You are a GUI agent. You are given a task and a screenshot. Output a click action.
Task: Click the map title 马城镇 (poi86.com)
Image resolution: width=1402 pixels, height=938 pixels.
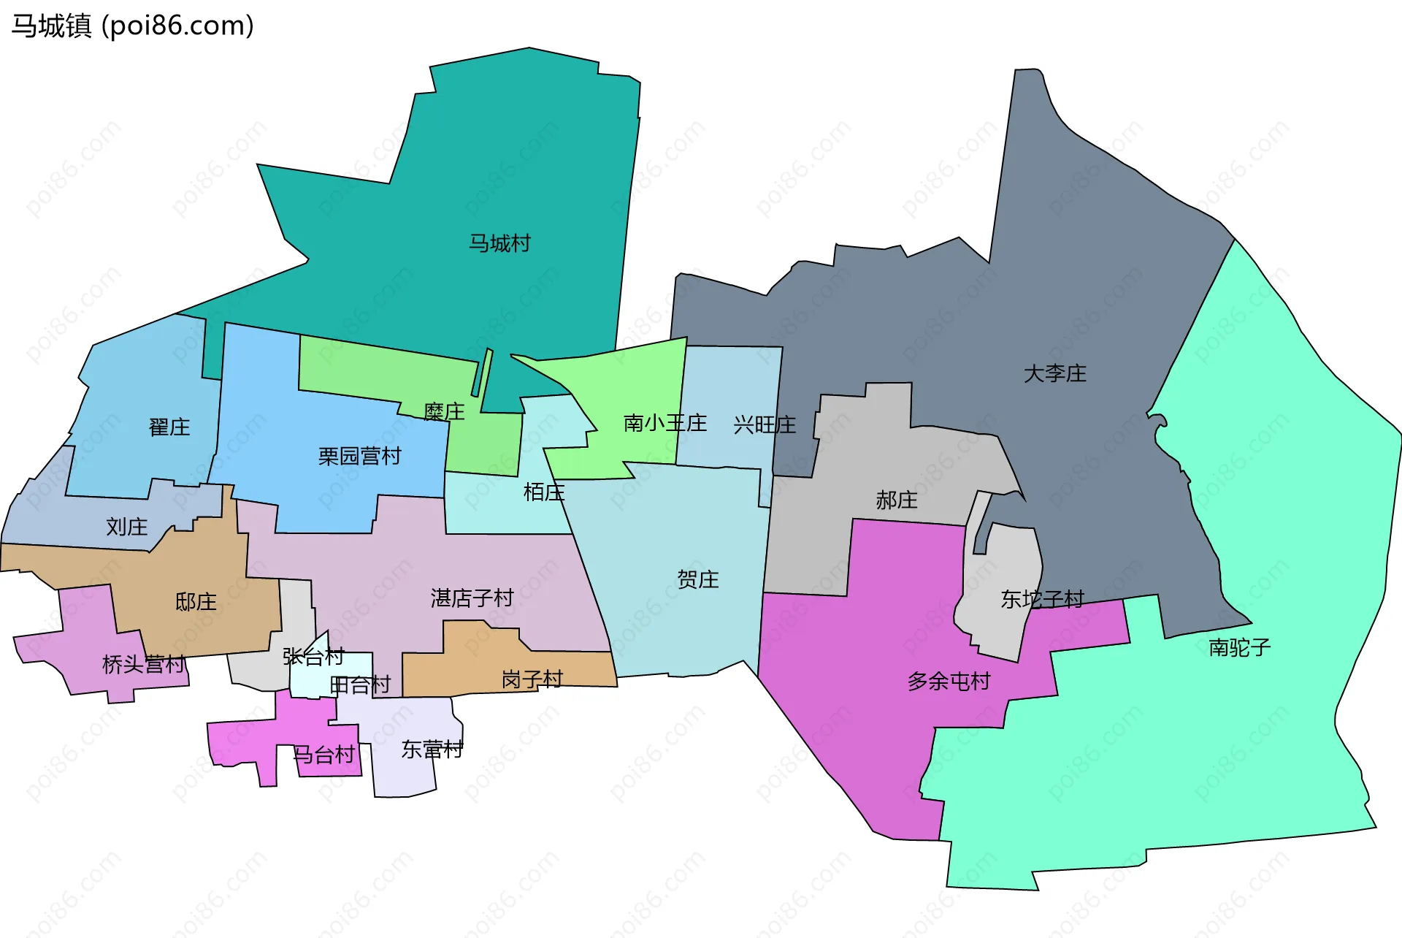point(132,26)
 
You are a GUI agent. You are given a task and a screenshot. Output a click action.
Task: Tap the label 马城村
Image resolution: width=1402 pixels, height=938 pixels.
point(499,243)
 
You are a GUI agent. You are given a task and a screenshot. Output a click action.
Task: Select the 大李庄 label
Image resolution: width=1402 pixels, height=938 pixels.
point(1054,374)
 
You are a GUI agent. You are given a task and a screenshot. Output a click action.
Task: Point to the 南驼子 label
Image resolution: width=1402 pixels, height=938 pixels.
point(1239,647)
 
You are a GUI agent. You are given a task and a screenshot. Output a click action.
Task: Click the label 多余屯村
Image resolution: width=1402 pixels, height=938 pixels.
point(949,682)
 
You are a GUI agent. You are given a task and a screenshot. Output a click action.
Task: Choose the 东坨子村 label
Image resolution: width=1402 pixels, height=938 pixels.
point(1042,600)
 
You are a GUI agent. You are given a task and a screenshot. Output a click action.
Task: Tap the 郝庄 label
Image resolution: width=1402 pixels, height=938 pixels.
point(896,500)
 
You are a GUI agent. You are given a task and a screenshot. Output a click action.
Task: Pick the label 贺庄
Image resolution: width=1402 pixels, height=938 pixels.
point(697,580)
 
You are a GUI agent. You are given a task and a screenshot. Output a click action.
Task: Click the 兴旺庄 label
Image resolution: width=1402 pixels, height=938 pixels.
point(764,425)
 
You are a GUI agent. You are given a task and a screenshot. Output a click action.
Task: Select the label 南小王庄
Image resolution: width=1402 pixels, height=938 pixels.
point(664,423)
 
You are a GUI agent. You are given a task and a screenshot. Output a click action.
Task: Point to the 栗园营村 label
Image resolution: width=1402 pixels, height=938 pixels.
point(359,457)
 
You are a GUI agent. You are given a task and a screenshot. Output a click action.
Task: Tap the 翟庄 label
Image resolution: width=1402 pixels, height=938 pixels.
point(169,427)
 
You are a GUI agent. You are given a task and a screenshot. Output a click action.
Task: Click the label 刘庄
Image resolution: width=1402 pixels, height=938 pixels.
point(126,527)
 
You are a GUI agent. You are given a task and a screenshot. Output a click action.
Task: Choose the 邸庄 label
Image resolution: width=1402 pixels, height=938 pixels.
point(196,602)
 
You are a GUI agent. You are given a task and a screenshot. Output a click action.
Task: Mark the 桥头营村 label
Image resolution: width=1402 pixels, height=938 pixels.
point(143,665)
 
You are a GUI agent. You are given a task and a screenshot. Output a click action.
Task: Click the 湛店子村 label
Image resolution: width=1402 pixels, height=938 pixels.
point(472,598)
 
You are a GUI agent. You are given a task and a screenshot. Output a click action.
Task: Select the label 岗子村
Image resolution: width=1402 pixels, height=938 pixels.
point(532,680)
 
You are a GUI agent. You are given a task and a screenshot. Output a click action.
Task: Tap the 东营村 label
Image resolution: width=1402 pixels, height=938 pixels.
point(432,750)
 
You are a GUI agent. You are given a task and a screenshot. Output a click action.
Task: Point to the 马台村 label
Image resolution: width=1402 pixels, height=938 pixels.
point(323,755)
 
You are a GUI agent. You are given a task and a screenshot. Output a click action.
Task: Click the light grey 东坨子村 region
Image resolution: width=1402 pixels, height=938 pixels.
point(1004,563)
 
